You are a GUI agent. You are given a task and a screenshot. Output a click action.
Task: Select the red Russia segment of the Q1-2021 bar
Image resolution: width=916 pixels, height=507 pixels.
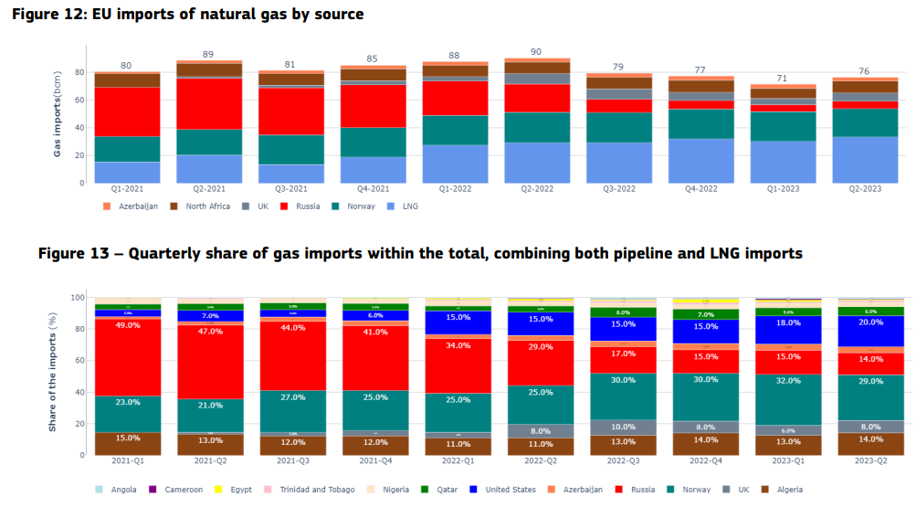click(127, 111)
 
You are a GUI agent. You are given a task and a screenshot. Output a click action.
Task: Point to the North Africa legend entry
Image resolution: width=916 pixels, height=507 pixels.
click(202, 206)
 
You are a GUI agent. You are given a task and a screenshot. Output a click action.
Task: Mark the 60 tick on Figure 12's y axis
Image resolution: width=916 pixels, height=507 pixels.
click(79, 100)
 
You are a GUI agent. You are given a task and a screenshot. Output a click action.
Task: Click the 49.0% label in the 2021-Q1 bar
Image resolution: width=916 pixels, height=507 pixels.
click(127, 325)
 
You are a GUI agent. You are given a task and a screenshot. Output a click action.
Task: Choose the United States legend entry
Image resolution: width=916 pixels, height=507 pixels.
click(509, 490)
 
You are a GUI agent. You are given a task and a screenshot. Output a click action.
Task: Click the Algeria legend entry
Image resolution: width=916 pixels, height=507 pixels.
click(788, 490)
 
